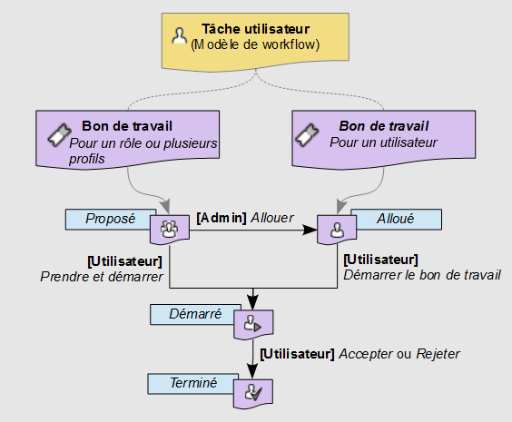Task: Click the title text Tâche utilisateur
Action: [255, 29]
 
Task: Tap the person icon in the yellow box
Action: [180, 37]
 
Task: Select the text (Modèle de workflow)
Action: [255, 44]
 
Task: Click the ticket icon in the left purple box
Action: [59, 135]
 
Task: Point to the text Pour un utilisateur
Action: [383, 142]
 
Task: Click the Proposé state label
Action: [110, 219]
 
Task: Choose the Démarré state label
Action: [193, 314]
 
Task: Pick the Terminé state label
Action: [193, 383]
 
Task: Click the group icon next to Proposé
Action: [170, 229]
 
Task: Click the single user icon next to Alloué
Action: [337, 230]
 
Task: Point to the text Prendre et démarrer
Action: [102, 277]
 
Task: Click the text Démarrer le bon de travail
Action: [422, 274]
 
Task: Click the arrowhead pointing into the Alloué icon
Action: [310, 231]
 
